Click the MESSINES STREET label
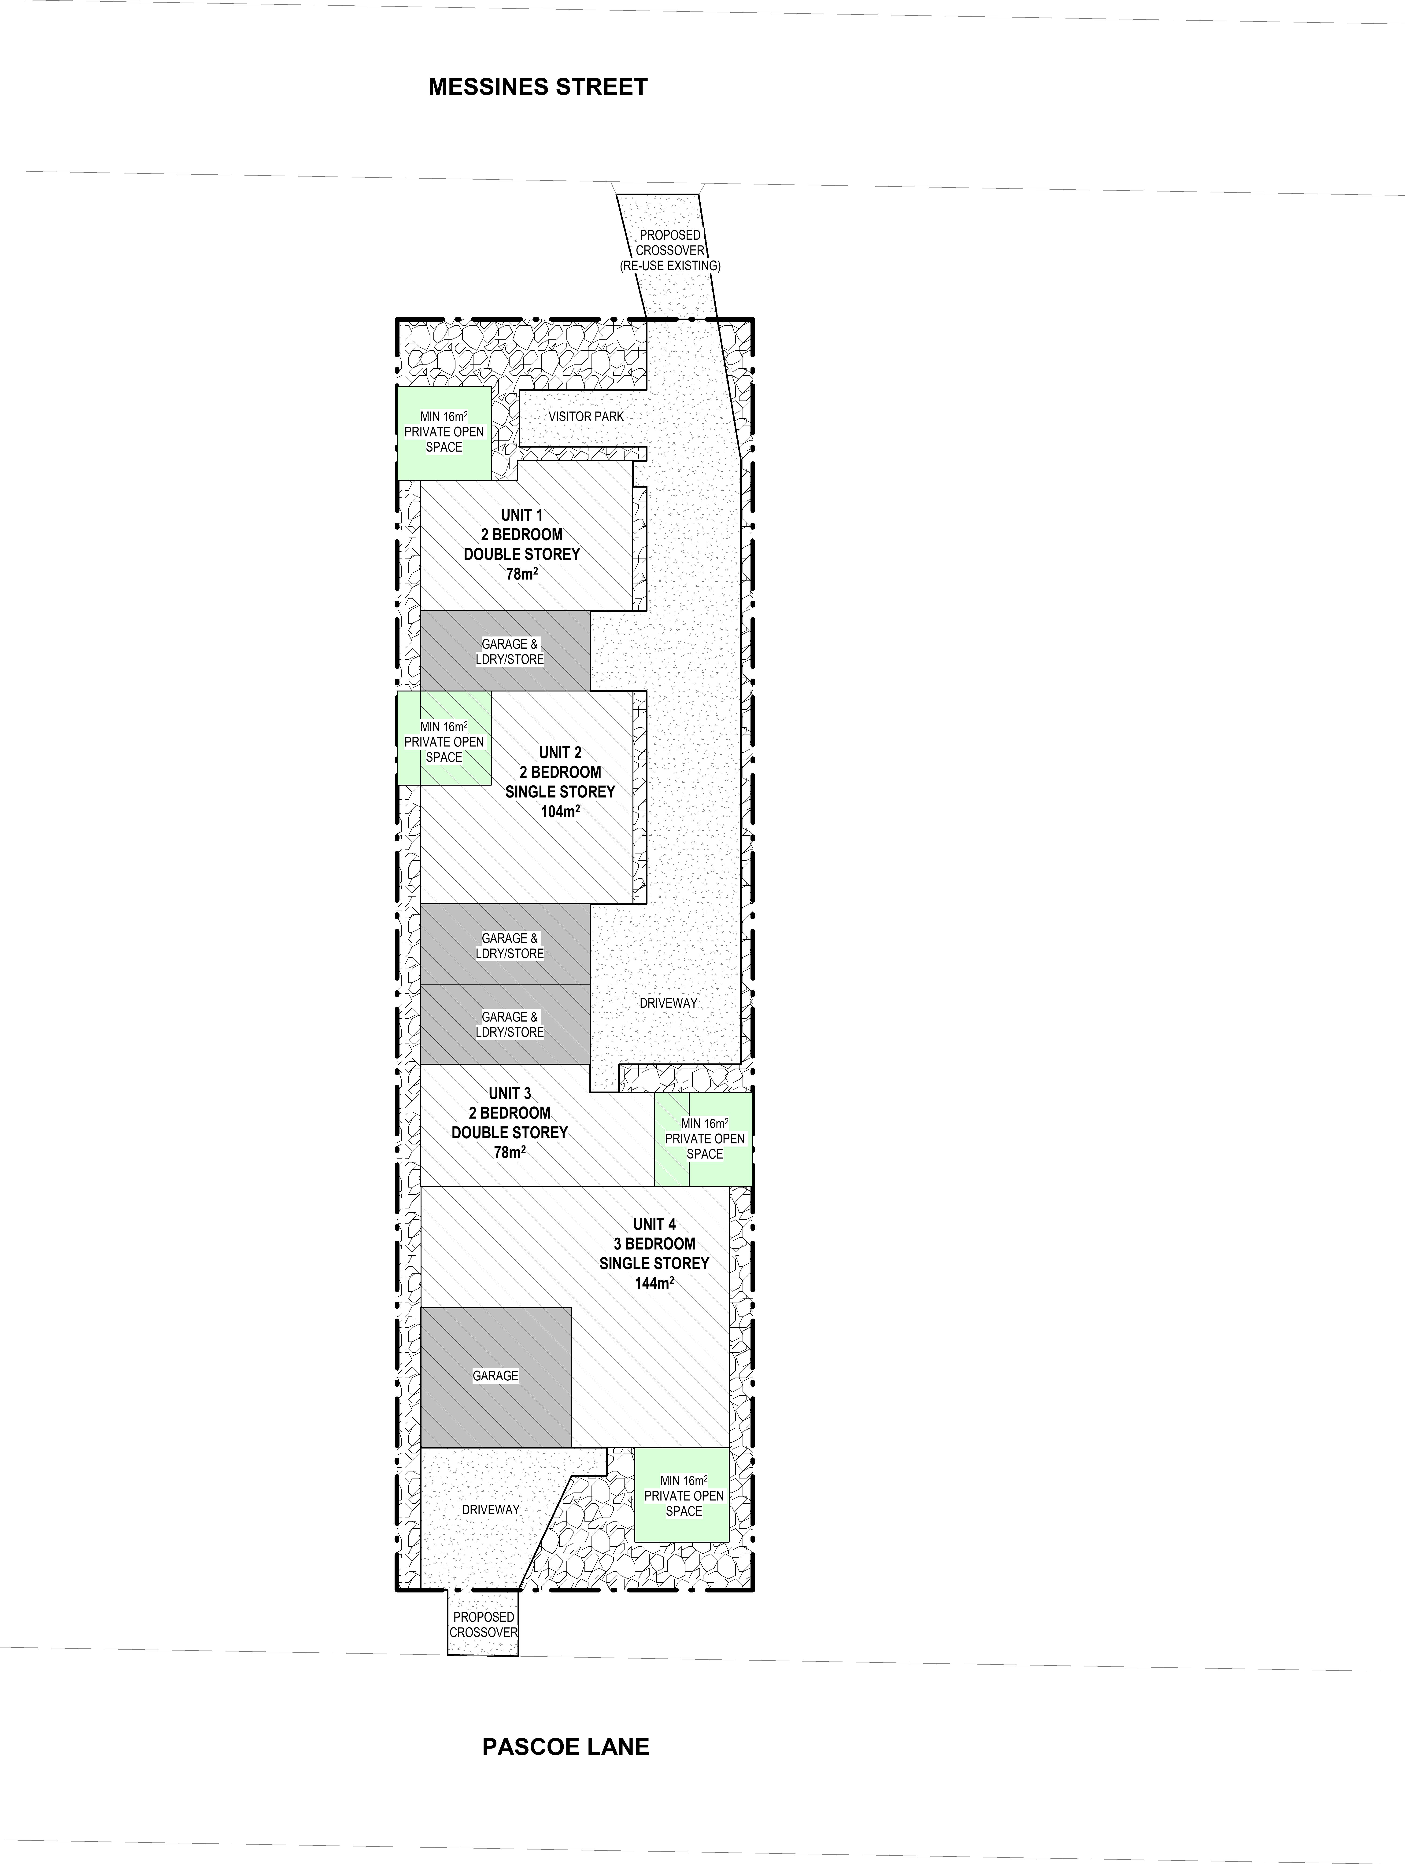(538, 87)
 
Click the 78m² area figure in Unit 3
(510, 1152)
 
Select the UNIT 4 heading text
(654, 1224)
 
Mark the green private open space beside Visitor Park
(444, 433)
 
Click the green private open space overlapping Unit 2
(444, 738)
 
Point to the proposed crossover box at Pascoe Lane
(483, 1623)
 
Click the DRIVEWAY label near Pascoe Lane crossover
(491, 1509)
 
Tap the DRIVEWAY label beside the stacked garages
(668, 1003)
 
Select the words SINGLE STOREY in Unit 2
(561, 792)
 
